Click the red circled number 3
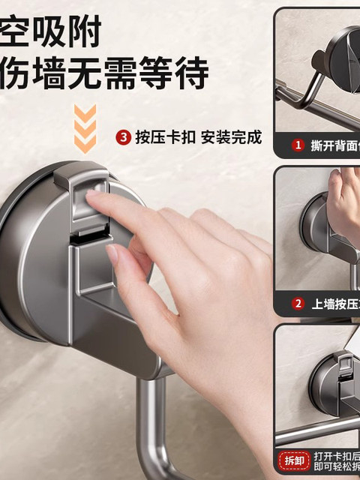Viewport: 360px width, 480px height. tap(124, 137)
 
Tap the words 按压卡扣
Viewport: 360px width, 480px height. tap(164, 137)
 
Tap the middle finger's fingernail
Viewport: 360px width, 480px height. tap(112, 253)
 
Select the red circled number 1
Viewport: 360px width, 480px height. tap(298, 145)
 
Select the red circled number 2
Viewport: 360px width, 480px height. tap(298, 304)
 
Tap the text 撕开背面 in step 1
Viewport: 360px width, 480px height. tap(334, 145)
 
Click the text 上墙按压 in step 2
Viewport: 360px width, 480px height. tap(334, 304)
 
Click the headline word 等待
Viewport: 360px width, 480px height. tap(180, 73)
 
